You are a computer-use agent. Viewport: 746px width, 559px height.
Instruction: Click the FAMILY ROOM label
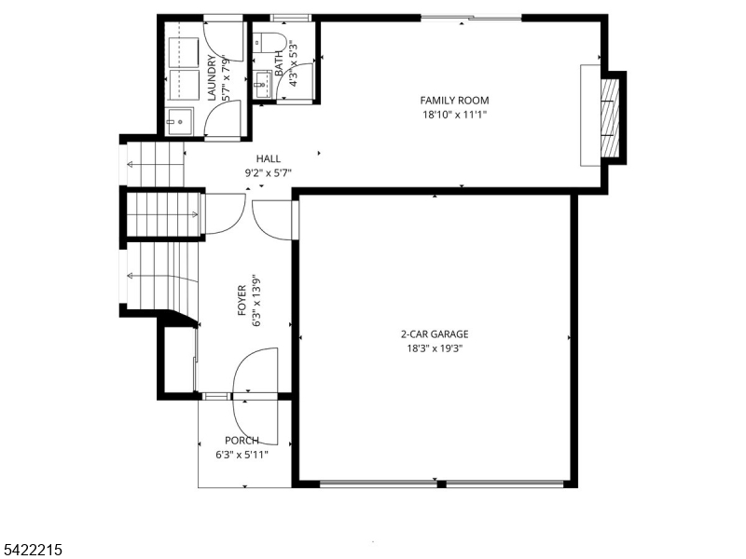[454, 101]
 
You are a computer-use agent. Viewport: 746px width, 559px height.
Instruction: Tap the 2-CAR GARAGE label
[435, 334]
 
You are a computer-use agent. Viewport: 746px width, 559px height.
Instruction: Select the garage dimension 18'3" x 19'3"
[435, 348]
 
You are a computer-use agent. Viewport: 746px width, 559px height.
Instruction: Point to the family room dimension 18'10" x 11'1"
[454, 115]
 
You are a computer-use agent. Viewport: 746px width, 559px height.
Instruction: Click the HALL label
[269, 158]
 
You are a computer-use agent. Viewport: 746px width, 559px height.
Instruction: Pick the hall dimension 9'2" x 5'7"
[269, 173]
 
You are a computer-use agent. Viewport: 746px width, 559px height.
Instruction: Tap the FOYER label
[242, 300]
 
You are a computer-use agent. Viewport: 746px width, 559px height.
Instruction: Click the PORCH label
[242, 441]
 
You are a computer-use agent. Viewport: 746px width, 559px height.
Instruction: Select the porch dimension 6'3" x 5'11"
[242, 455]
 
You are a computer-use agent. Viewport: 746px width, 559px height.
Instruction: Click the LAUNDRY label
[212, 78]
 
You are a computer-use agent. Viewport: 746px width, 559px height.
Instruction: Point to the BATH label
[279, 63]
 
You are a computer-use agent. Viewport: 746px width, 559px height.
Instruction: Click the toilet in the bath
[269, 42]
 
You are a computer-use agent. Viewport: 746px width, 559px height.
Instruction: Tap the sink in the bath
[262, 85]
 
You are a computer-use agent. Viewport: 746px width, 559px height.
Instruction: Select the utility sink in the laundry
[180, 121]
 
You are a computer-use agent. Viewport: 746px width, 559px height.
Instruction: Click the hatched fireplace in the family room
[610, 118]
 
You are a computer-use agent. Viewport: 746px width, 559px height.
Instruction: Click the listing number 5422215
[31, 550]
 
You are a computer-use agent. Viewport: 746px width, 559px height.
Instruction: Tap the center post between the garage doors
[441, 484]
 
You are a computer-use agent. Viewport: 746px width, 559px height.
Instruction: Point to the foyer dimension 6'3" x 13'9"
[256, 300]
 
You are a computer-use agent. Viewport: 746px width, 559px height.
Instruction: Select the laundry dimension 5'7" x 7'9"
[226, 78]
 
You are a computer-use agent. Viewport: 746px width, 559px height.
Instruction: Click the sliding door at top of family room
[472, 19]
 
